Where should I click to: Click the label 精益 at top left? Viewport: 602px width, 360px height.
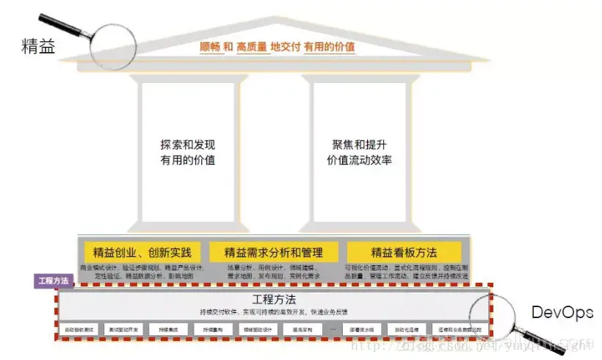coord(38,48)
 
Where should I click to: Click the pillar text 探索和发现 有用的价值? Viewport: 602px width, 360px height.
coord(187,151)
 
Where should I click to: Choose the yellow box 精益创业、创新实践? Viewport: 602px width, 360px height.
coord(142,251)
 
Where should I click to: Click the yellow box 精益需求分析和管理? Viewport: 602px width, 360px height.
coord(273,251)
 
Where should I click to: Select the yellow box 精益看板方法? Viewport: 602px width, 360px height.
coord(405,251)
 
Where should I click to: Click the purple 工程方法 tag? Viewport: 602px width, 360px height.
coord(54,281)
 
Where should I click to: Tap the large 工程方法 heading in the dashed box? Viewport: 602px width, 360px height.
coord(274,300)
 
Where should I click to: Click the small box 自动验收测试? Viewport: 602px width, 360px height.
coord(79,330)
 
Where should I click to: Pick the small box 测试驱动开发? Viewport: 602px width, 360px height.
coord(124,330)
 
